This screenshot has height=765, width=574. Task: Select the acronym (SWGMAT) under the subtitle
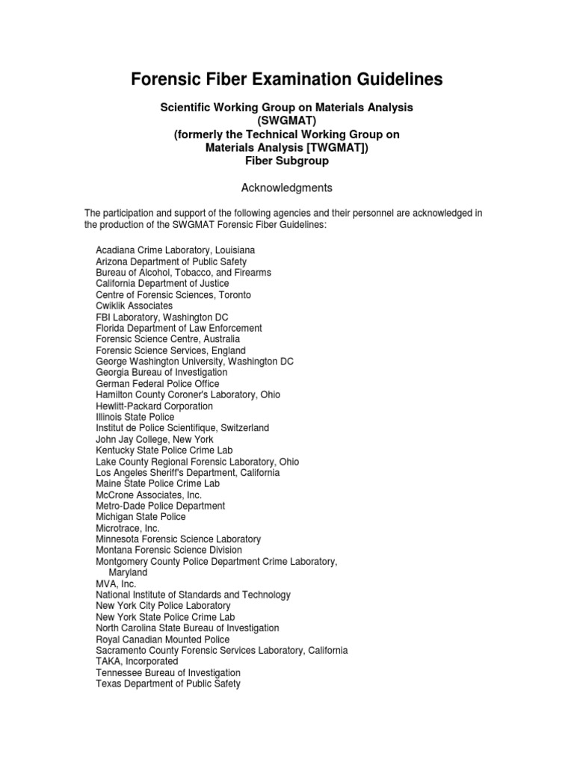tap(287, 121)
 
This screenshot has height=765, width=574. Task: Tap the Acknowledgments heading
tap(287, 188)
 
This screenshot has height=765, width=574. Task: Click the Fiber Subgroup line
tap(287, 161)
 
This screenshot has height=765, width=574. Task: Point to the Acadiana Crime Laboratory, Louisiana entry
tap(176, 251)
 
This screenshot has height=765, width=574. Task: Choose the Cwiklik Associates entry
tap(135, 306)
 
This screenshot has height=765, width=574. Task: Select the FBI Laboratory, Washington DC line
tap(161, 318)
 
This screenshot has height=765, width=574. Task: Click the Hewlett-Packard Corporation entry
tap(155, 406)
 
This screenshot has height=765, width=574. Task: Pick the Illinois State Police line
tap(135, 418)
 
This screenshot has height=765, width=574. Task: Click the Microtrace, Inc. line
tap(128, 528)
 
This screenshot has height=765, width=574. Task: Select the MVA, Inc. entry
tap(117, 583)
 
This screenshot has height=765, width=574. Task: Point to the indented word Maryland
tap(129, 572)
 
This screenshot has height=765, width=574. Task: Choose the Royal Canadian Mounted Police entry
tap(163, 639)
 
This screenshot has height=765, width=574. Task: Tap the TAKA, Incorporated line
tap(138, 662)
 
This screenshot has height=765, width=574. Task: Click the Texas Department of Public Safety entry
tap(168, 684)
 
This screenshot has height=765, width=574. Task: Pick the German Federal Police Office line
tap(157, 384)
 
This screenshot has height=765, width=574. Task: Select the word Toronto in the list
tap(233, 295)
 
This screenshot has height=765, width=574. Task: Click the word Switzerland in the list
tap(238, 428)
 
